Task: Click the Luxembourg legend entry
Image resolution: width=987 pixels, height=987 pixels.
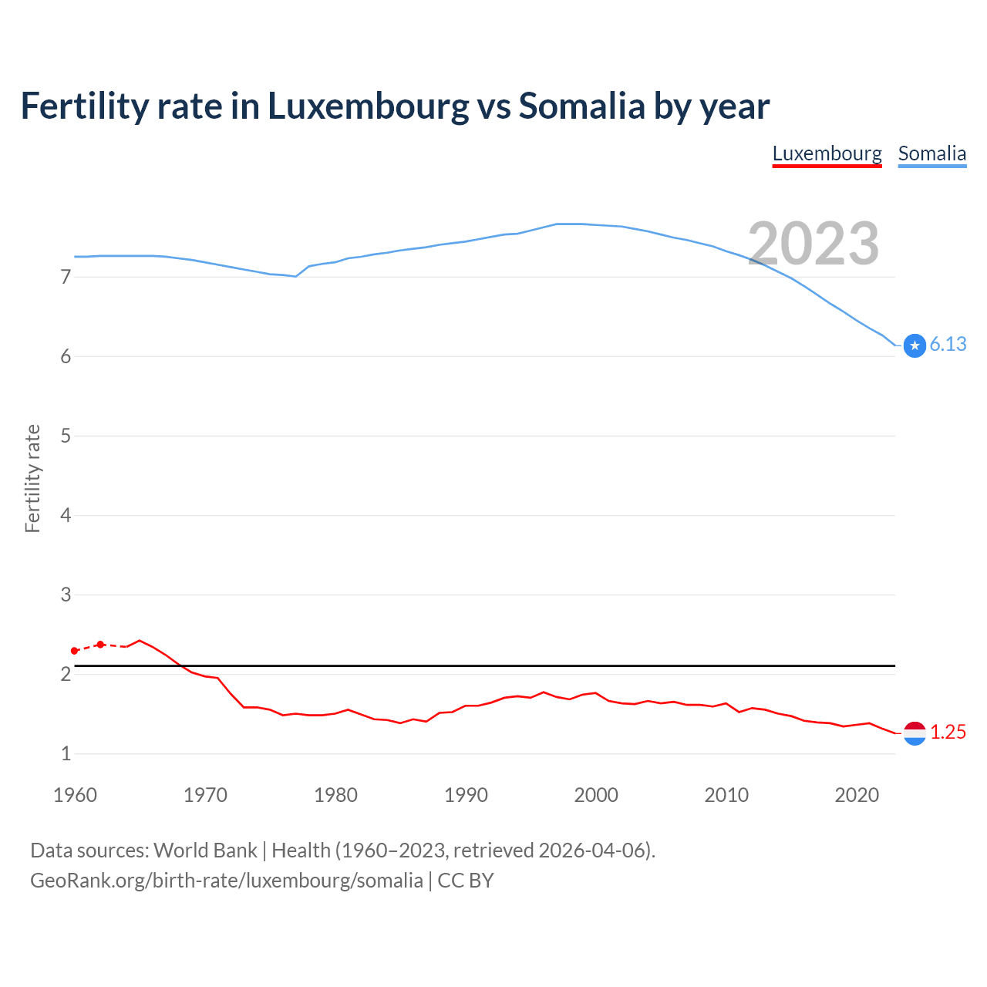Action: point(827,153)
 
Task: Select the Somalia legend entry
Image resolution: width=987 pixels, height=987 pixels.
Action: point(931,153)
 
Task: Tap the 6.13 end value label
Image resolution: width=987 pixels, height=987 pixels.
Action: point(948,345)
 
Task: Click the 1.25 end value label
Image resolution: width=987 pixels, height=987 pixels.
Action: point(948,733)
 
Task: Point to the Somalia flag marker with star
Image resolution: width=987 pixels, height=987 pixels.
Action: point(915,346)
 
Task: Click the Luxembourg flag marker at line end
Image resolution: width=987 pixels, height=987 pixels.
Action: point(915,733)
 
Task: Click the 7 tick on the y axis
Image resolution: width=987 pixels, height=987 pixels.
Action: point(66,277)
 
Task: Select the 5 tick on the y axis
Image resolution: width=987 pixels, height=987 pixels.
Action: point(66,436)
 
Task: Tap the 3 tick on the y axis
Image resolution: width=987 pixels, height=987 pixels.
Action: point(66,595)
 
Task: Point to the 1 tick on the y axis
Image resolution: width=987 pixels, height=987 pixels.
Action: point(66,753)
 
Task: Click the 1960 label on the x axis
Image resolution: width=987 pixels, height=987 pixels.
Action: point(75,795)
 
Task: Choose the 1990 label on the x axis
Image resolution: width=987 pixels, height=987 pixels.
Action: point(466,795)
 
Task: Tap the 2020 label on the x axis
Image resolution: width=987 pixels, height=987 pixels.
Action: point(857,795)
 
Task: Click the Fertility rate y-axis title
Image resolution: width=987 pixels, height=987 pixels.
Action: point(32,478)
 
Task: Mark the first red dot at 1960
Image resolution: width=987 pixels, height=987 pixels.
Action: point(75,651)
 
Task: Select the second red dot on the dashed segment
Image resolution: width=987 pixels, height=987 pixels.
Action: point(100,644)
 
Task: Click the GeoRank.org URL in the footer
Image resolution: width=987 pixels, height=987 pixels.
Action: point(226,881)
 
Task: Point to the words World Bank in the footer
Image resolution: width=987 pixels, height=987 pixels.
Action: point(205,851)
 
